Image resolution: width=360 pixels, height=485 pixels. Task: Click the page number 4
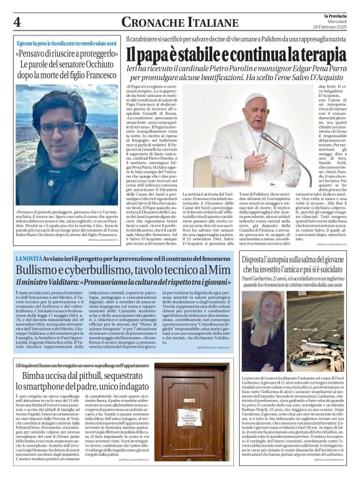pos(17,22)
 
